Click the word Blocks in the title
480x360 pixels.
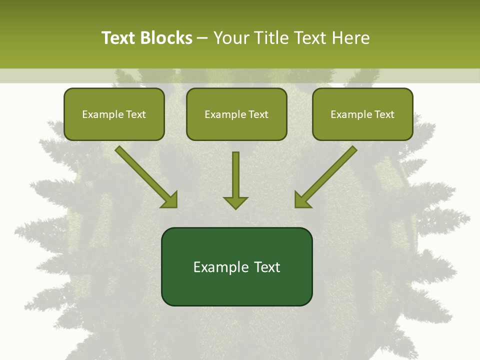point(166,38)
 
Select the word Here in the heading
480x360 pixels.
point(352,38)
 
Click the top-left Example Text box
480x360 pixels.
point(114,114)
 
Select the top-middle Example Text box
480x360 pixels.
point(236,114)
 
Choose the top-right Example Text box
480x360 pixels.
point(362,114)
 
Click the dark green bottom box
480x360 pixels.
point(236,266)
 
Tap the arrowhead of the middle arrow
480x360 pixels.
point(235,202)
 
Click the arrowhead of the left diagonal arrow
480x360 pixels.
point(170,200)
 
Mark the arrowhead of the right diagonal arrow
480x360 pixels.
point(302,200)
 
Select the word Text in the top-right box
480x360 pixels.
point(384,114)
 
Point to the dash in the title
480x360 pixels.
point(203,38)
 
